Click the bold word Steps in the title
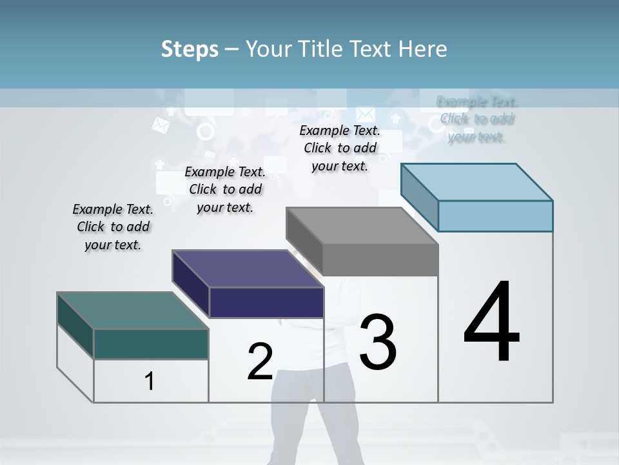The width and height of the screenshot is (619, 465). [190, 49]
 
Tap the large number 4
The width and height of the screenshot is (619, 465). [491, 323]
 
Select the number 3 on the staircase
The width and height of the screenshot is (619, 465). [378, 342]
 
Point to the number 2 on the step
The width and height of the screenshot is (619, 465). [260, 362]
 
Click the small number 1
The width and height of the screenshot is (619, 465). [150, 382]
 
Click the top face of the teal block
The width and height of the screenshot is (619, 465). [132, 310]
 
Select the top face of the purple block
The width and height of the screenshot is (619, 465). [248, 268]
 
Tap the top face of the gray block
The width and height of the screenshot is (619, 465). [362, 226]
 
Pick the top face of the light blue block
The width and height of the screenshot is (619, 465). [477, 181]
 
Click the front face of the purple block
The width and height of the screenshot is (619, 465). [266, 302]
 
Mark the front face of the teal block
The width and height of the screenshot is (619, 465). [151, 344]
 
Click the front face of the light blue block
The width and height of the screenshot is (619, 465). [495, 216]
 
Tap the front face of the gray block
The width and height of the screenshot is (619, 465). [380, 260]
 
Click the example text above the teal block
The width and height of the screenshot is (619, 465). [113, 227]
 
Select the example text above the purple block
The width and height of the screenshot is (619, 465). [225, 189]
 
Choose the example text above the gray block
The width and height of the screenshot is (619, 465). [340, 148]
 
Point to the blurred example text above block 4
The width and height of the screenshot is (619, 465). [477, 119]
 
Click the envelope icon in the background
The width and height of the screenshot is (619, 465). [365, 114]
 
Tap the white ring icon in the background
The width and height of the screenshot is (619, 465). [206, 132]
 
